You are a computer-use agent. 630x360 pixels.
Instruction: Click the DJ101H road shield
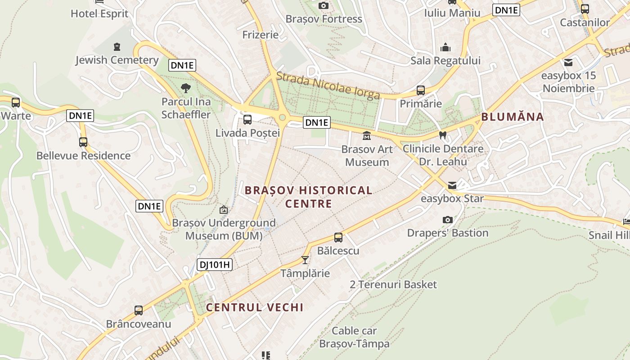215,265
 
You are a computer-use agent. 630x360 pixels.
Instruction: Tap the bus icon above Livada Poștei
247,120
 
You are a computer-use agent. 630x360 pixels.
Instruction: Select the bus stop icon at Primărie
421,90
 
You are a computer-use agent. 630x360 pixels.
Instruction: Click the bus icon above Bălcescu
338,238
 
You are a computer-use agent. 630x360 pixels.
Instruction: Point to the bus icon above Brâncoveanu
139,310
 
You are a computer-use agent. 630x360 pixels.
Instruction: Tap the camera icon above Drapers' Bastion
447,220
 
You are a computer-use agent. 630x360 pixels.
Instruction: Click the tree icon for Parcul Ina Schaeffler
185,88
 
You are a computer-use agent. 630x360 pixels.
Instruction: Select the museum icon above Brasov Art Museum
367,135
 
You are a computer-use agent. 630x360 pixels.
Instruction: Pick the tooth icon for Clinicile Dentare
442,135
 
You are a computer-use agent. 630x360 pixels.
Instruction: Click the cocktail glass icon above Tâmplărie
305,260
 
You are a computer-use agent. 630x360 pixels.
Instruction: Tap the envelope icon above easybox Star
452,185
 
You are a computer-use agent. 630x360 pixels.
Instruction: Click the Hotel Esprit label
99,13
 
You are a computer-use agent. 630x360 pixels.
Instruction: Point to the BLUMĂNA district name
513,117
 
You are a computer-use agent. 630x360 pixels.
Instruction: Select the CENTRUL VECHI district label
255,307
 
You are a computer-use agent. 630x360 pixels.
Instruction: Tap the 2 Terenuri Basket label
393,284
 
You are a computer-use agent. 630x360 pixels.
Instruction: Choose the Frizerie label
260,35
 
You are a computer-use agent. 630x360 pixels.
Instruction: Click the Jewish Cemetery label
117,60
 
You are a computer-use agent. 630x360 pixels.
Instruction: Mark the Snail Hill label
609,235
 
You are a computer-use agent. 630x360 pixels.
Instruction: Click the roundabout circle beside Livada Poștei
282,117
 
